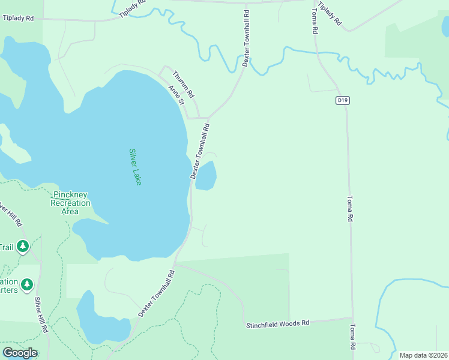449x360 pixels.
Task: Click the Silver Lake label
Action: pyautogui.click(x=135, y=167)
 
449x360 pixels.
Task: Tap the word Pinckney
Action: pyautogui.click(x=70, y=195)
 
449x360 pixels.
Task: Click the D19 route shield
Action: pyautogui.click(x=342, y=101)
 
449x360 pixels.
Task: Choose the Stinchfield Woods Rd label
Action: pyautogui.click(x=277, y=323)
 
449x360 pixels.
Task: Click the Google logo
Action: pyautogui.click(x=20, y=353)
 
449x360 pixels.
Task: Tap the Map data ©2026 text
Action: pyautogui.click(x=423, y=355)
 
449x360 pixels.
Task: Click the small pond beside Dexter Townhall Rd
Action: pyautogui.click(x=205, y=176)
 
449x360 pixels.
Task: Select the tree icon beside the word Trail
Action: pyautogui.click(x=23, y=246)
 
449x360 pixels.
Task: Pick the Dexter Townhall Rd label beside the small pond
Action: pyautogui.click(x=200, y=151)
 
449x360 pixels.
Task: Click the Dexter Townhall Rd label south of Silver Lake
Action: pyautogui.click(x=156, y=293)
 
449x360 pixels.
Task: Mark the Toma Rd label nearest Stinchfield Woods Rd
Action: pyautogui.click(x=351, y=337)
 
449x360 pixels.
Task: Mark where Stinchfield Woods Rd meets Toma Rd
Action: pyautogui.click(x=352, y=318)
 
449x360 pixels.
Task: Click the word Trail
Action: pyautogui.click(x=5, y=247)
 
